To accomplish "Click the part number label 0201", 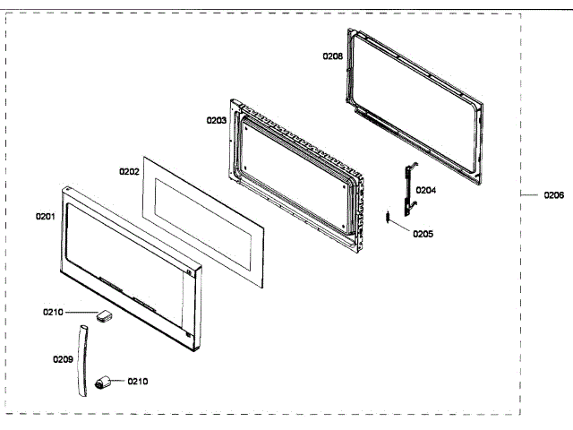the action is click(45, 216).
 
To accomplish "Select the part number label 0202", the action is click(129, 169).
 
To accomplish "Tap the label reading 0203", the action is click(216, 119).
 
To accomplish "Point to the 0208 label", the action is click(332, 56).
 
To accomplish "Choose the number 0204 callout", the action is click(426, 190).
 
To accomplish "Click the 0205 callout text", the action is click(423, 234).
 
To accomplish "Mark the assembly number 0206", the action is click(553, 194).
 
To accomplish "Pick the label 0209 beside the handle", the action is click(62, 359).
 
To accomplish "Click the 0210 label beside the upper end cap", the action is click(53, 312).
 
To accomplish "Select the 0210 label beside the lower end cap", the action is click(137, 381).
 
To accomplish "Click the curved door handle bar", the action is click(81, 358).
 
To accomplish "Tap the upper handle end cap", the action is click(104, 315).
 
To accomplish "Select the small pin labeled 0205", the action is click(386, 216).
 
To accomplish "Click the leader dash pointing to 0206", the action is click(530, 194).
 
